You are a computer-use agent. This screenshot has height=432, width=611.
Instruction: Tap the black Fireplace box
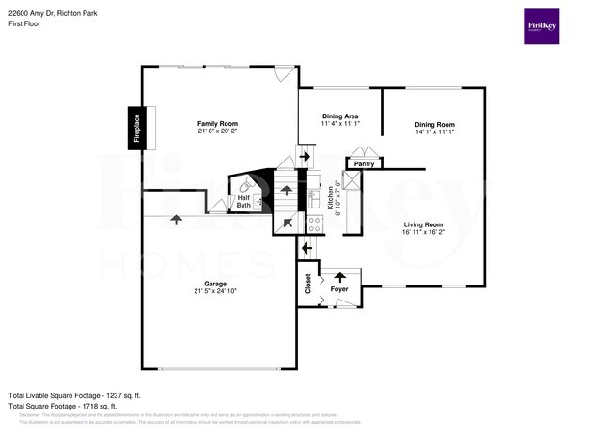tap(135, 127)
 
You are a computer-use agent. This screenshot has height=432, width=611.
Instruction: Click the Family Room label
tap(217, 124)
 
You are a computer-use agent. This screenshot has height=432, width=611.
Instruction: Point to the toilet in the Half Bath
tap(246, 187)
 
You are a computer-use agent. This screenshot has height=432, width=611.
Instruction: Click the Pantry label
tap(364, 164)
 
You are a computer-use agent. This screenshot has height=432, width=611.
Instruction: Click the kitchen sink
tap(313, 199)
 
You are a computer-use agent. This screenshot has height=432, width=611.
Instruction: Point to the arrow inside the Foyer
tap(340, 277)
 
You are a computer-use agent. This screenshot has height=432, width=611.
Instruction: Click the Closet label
tap(307, 285)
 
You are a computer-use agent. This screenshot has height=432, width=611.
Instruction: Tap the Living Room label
tap(424, 224)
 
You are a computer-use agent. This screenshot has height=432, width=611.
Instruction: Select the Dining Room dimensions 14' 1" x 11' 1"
tap(434, 132)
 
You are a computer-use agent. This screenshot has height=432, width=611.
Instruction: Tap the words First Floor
tap(28, 24)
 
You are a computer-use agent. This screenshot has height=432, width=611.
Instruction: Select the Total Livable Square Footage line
tap(74, 395)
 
